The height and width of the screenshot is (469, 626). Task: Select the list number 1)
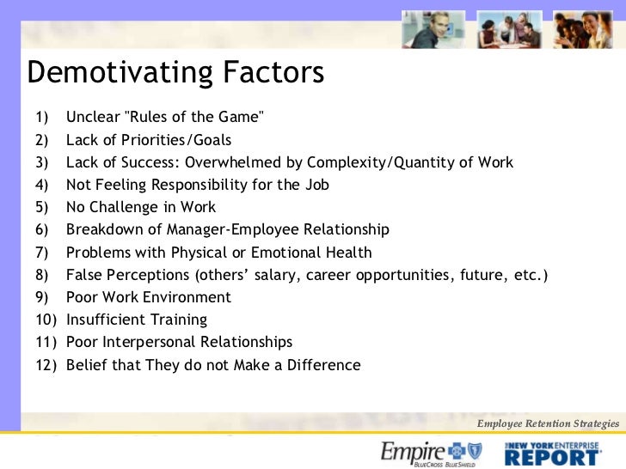(x=42, y=118)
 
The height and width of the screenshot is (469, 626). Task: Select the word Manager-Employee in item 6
(x=221, y=229)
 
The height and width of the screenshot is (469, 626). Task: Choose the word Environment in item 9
(x=184, y=297)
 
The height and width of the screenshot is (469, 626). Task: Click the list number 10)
(x=46, y=320)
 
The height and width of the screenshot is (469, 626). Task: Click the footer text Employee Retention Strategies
(x=548, y=423)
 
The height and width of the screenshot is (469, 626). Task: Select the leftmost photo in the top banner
(x=433, y=29)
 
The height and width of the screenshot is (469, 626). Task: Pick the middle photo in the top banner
(x=509, y=29)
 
